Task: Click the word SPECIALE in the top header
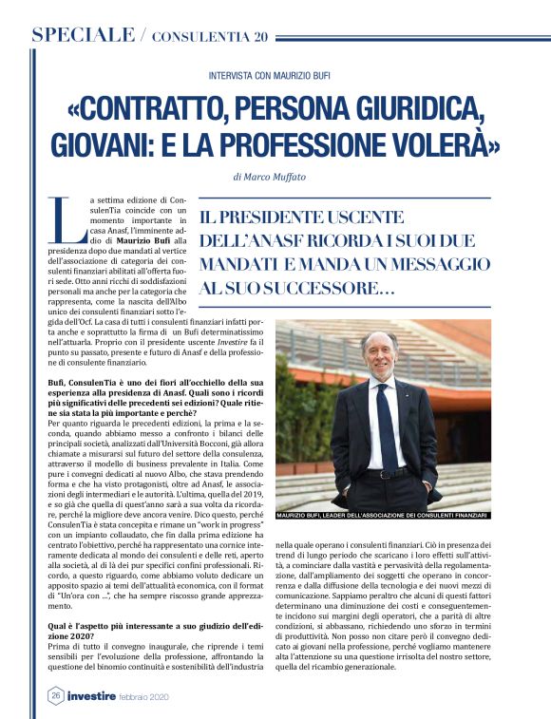point(84,36)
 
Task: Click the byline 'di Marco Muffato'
point(275,178)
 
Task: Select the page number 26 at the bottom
point(55,695)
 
